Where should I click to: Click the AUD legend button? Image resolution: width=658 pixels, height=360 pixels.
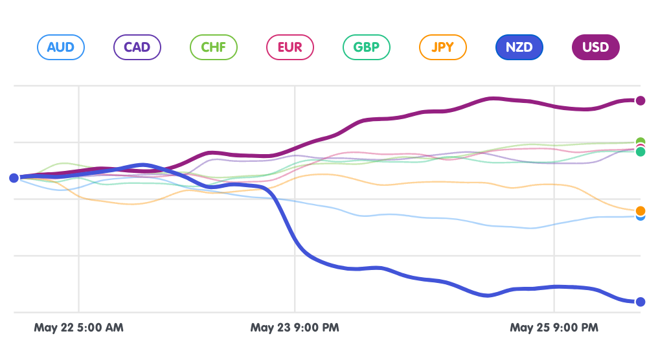pos(61,47)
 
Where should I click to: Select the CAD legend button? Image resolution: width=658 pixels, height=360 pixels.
pos(137,47)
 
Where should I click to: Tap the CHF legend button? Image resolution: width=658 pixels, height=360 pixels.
pos(214,47)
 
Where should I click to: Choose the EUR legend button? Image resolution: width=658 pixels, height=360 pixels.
pos(289,47)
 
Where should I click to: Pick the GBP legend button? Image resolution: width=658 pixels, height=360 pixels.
pos(366,47)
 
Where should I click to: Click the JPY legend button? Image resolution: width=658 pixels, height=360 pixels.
pos(442,47)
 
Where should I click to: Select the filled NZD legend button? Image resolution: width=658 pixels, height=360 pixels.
pos(519,47)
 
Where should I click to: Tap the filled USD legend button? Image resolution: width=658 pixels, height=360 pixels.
pos(595,47)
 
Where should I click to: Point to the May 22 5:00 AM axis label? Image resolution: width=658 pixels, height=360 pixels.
pos(78,328)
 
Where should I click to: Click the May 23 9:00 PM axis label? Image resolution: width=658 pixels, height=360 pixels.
pos(295,328)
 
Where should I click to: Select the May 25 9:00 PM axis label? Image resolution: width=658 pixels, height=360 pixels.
pos(554,328)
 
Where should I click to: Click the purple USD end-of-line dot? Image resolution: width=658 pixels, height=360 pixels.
pos(641,100)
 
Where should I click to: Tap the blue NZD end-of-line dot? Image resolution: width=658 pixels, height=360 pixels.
pos(641,302)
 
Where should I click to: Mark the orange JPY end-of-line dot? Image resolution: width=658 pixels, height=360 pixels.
pos(641,210)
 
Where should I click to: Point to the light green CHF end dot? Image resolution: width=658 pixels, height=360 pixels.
pos(641,141)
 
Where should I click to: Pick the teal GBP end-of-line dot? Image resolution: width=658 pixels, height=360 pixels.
pos(641,152)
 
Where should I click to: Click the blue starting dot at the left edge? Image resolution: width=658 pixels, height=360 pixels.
pos(14,178)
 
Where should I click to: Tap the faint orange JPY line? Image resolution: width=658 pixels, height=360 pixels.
pos(453,183)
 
